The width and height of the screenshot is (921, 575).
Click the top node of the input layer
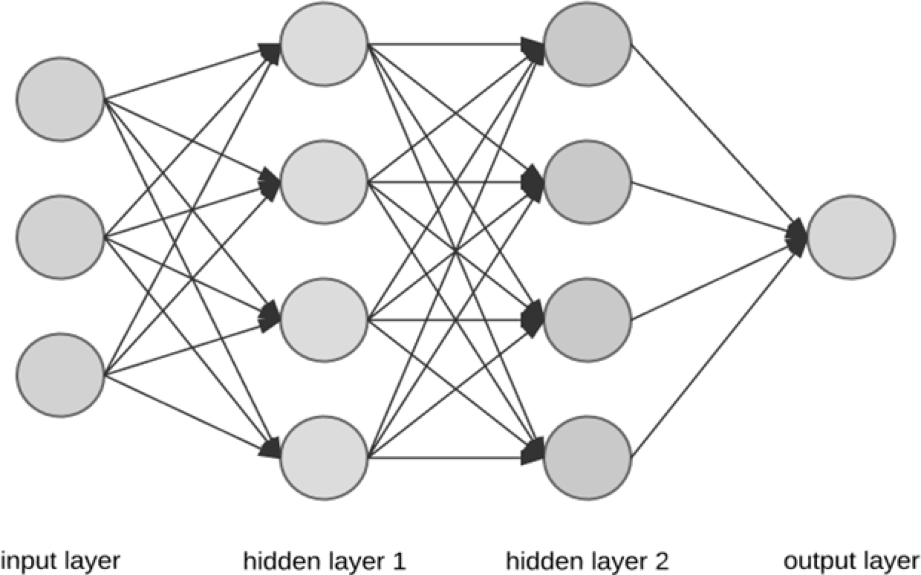point(59,99)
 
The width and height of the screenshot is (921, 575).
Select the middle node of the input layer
point(59,238)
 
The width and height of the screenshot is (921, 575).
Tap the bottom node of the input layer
point(59,376)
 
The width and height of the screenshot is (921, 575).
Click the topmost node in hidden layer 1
point(325,44)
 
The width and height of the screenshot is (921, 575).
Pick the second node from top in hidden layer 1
point(325,181)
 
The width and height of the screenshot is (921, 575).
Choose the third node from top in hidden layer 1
point(325,319)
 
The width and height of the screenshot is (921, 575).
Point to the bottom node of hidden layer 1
point(325,458)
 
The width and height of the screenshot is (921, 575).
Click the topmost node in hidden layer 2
point(588,44)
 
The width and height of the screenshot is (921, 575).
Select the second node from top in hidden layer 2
point(588,181)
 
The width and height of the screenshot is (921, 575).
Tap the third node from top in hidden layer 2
point(588,319)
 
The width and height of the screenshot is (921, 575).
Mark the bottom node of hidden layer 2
point(588,458)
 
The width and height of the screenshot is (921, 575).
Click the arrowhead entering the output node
point(798,237)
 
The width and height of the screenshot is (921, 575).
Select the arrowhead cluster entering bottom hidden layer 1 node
point(270,449)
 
